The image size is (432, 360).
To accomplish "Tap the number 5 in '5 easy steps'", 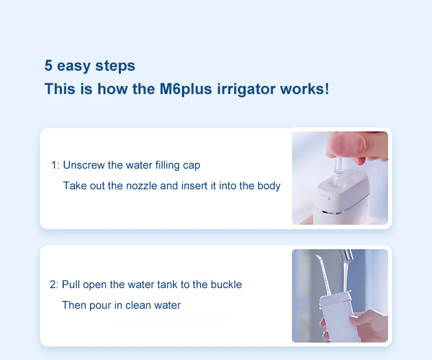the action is click(48, 65).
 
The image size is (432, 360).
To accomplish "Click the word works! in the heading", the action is click(305, 89).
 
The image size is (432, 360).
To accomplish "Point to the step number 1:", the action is click(55, 165).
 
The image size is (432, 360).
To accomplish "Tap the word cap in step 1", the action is click(192, 165).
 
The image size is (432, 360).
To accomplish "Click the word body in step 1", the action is click(268, 185).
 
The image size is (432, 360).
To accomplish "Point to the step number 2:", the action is click(54, 285).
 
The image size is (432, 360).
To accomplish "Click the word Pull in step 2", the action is click(71, 284).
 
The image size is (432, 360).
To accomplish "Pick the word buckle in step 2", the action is click(226, 284).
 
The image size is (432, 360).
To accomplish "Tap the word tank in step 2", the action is click(169, 284).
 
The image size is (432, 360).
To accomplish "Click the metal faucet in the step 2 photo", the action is click(345, 256).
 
